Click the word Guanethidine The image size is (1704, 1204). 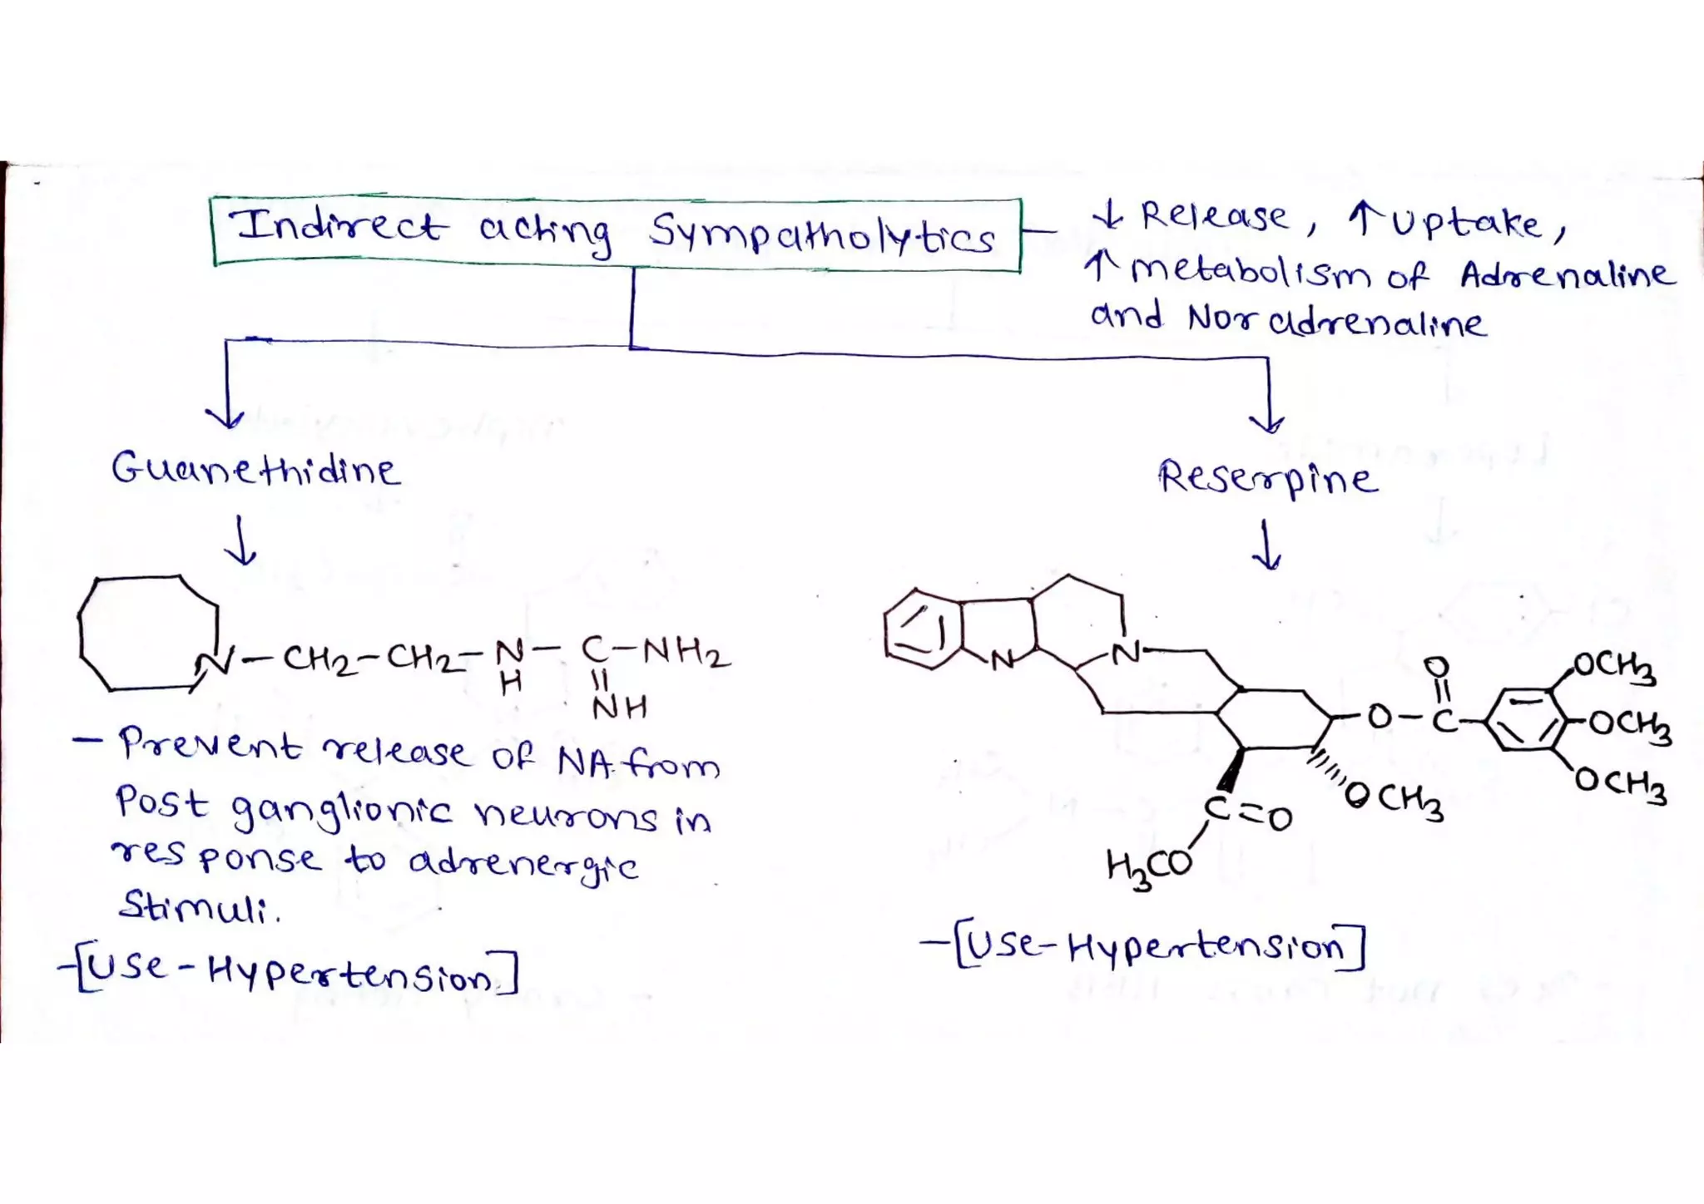(255, 470)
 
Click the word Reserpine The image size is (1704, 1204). (1268, 478)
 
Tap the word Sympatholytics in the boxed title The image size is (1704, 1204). (822, 232)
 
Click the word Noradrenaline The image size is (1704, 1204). (1336, 320)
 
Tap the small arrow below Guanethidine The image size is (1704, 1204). (241, 540)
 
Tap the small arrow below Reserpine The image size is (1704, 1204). (1266, 545)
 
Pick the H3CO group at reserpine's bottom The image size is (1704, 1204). (1150, 868)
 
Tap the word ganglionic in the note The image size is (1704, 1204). (342, 812)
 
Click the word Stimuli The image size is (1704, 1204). (200, 906)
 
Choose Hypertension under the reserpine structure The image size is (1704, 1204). (1205, 946)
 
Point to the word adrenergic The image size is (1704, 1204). (524, 865)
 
